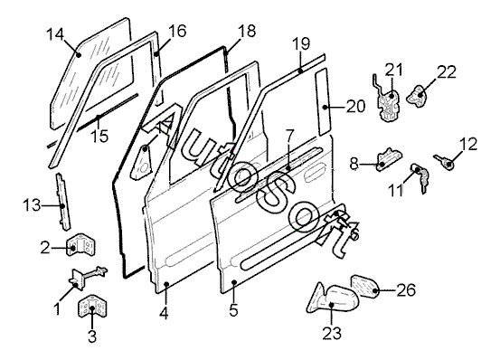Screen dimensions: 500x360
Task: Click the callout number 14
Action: coord(55,34)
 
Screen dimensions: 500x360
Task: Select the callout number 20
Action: coord(355,107)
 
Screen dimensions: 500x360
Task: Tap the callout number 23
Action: coord(332,333)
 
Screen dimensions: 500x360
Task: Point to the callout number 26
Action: coord(406,289)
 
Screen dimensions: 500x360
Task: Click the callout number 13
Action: coord(32,205)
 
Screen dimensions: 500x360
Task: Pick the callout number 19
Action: coord(301,43)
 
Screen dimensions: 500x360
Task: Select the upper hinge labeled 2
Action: coord(81,245)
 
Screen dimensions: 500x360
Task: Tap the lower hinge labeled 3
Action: coord(92,307)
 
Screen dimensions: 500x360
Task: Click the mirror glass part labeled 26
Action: coord(364,286)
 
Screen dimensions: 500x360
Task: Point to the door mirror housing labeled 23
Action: coord(334,298)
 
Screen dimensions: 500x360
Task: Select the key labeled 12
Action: coord(444,161)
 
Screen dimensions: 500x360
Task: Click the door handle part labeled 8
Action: coord(389,159)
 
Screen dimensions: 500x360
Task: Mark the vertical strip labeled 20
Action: coord(323,101)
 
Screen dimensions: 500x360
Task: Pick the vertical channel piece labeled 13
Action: coord(62,201)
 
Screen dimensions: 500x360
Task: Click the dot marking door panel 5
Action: coord(234,282)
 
